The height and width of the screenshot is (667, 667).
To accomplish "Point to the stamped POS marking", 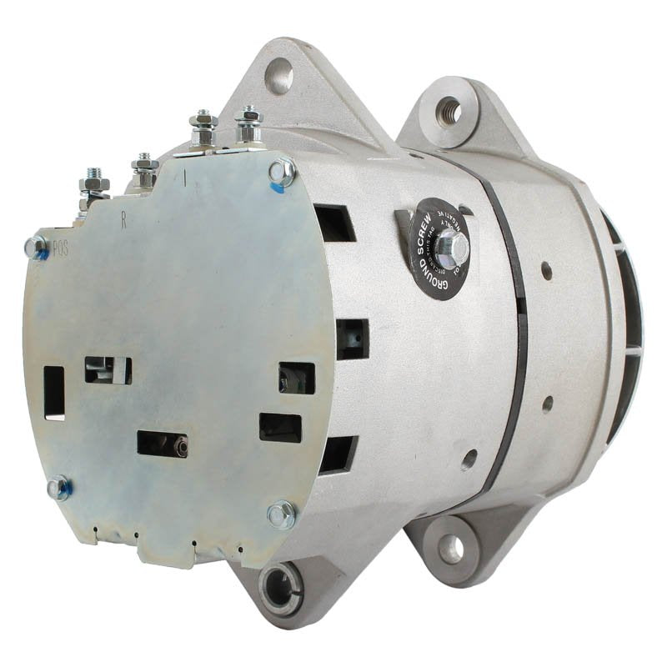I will [61, 248].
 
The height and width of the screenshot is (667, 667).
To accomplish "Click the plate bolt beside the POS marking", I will [35, 247].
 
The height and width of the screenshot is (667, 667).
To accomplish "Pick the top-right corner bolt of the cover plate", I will [282, 172].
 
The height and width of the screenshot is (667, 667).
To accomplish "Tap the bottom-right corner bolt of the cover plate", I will [281, 514].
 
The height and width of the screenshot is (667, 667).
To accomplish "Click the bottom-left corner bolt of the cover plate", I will [58, 489].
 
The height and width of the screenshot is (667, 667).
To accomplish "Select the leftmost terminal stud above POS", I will [93, 184].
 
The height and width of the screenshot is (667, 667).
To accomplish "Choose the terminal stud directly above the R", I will [144, 170].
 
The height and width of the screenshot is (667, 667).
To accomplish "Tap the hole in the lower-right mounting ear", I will [450, 547].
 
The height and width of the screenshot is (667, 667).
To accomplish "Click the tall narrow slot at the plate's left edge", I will [54, 393].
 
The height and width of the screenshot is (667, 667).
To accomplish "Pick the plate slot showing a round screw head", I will [163, 444].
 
